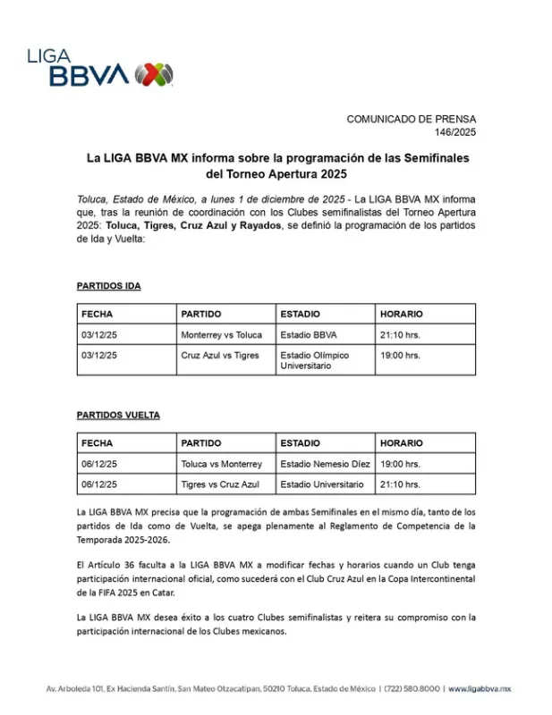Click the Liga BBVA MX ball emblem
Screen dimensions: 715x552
pos(153,74)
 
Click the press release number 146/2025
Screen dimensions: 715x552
pos(455,132)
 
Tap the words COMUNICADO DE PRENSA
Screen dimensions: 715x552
pos(412,119)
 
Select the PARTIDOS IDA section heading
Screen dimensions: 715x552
pos(108,286)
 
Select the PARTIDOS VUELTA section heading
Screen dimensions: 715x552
pos(118,416)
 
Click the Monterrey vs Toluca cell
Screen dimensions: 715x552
pos(221,335)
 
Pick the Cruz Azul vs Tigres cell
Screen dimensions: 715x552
pos(219,355)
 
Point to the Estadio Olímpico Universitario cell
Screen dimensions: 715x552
pos(314,360)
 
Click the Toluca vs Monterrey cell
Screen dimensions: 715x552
pos(221,465)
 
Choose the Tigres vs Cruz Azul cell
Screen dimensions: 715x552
pos(219,484)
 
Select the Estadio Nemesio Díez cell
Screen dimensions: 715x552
pos(325,465)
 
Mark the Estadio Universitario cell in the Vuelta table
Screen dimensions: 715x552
pos(322,484)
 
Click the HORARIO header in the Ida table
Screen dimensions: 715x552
pos(402,315)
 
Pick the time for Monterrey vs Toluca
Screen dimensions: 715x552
pos(400,335)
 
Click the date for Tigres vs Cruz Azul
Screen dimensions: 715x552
pos(99,484)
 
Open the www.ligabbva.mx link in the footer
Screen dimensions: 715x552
pos(479,689)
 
